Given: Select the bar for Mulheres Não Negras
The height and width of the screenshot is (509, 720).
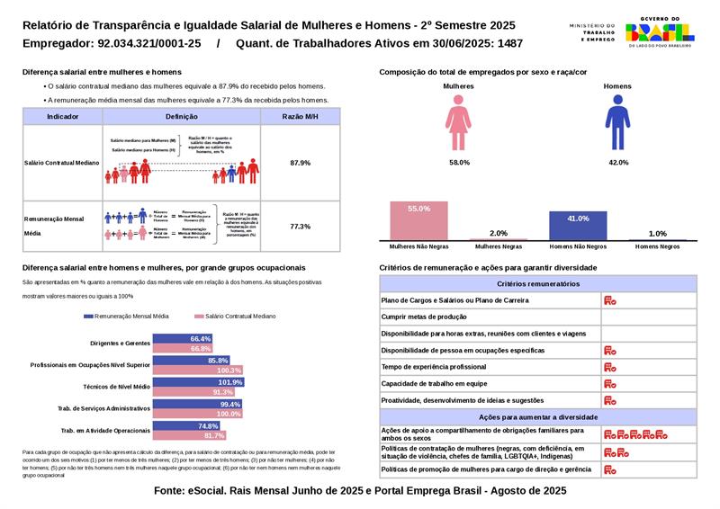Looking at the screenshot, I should pyautogui.click(x=418, y=220).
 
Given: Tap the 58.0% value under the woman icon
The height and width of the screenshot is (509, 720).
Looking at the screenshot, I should pyautogui.click(x=459, y=163).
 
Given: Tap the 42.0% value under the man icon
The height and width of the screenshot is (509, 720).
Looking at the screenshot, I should pyautogui.click(x=618, y=163).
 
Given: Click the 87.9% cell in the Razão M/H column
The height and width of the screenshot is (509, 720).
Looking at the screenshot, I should pyautogui.click(x=300, y=163).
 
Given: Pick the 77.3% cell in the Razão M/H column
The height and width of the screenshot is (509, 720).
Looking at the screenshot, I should pyautogui.click(x=300, y=227).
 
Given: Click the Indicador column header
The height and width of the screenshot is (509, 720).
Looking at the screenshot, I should pyautogui.click(x=62, y=117).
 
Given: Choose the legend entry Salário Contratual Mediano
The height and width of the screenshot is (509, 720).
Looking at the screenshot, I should pyautogui.click(x=235, y=317).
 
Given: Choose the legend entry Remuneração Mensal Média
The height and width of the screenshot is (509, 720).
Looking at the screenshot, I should pyautogui.click(x=125, y=317).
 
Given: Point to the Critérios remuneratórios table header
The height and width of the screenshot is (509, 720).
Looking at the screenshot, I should pyautogui.click(x=537, y=283).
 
